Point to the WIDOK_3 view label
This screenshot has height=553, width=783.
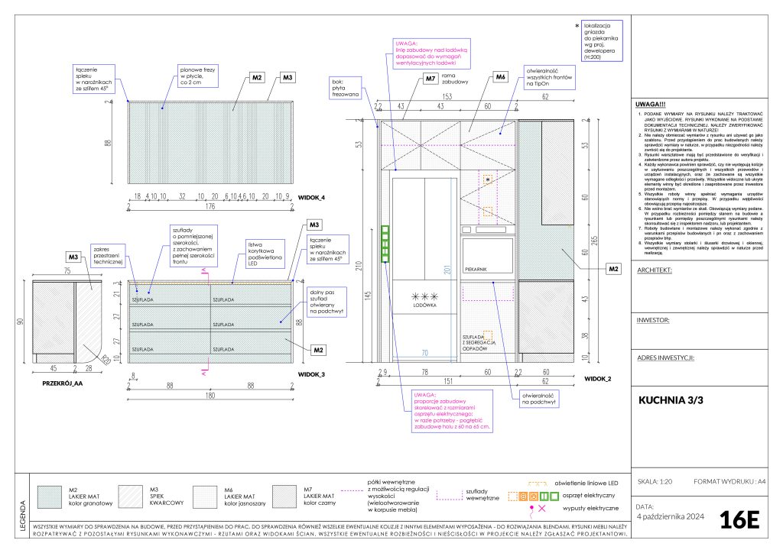point(312,374)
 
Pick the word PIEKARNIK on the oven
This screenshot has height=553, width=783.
point(476,269)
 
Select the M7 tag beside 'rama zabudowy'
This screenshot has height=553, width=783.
point(430,78)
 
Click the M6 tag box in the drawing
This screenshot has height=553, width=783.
point(500,77)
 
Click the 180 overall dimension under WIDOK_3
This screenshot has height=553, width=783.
point(210,395)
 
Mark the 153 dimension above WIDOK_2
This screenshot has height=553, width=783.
point(446,95)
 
